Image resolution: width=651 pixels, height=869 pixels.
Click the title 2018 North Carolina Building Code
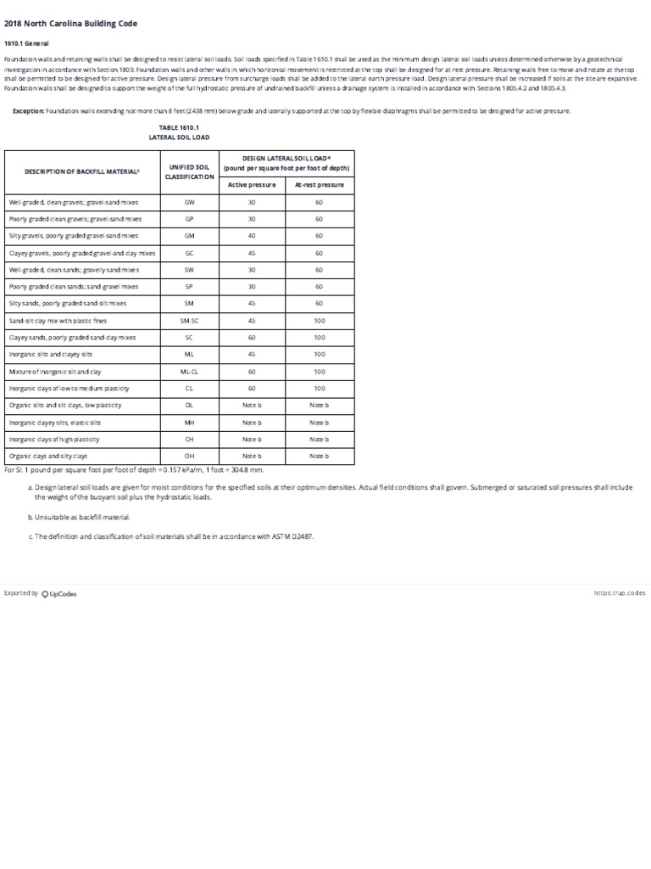click(x=70, y=23)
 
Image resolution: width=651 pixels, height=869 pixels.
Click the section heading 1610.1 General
click(x=26, y=42)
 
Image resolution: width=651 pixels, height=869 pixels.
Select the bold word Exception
click(x=28, y=111)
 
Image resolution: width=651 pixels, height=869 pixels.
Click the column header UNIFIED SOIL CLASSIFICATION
click(x=190, y=171)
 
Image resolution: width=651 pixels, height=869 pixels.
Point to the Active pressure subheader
click(x=252, y=184)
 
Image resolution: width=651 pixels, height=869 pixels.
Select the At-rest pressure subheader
click(x=319, y=184)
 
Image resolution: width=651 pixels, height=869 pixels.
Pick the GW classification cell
click(x=190, y=203)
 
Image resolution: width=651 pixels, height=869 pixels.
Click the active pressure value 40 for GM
click(x=252, y=236)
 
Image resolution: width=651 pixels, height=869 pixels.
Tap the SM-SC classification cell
click(x=190, y=320)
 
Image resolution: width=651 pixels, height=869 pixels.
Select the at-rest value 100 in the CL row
click(x=319, y=388)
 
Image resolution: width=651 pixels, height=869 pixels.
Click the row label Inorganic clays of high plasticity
click(x=54, y=439)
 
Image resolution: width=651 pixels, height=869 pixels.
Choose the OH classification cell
click(x=190, y=456)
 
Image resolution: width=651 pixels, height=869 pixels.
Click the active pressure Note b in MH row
click(x=252, y=422)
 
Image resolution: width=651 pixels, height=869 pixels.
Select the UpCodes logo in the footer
click(x=59, y=594)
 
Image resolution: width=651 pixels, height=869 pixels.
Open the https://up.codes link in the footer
click(x=620, y=593)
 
